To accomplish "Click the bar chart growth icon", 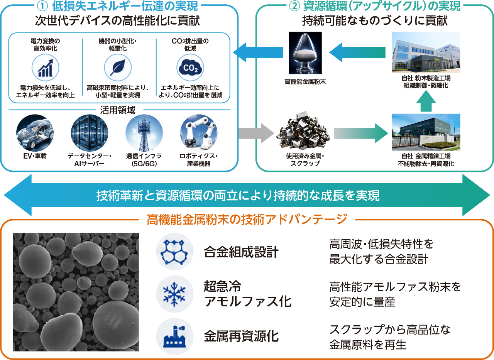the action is pos(46,68).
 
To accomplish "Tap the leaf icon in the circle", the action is pos(118,68).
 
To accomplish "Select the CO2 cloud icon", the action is pos(190,68).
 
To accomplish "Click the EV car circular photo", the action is pos(35,133).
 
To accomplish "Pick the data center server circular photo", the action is pos(90,133).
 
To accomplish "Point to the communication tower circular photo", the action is pos(144,133).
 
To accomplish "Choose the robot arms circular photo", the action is pos(199,133).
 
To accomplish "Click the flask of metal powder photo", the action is pos(305,53).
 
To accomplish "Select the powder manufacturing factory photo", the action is pos(426,52).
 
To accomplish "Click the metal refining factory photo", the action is pos(426,132).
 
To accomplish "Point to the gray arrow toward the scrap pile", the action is pos(256,133).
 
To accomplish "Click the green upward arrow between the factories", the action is pos(426,101).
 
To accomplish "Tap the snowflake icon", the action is pos(174,294).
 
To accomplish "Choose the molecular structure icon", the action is pos(174,252).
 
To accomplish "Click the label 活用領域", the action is pos(118,110).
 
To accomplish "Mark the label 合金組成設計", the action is pos(241,252).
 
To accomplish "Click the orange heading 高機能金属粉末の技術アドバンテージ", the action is pos(247,219).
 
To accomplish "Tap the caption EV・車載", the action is pos(35,156).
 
